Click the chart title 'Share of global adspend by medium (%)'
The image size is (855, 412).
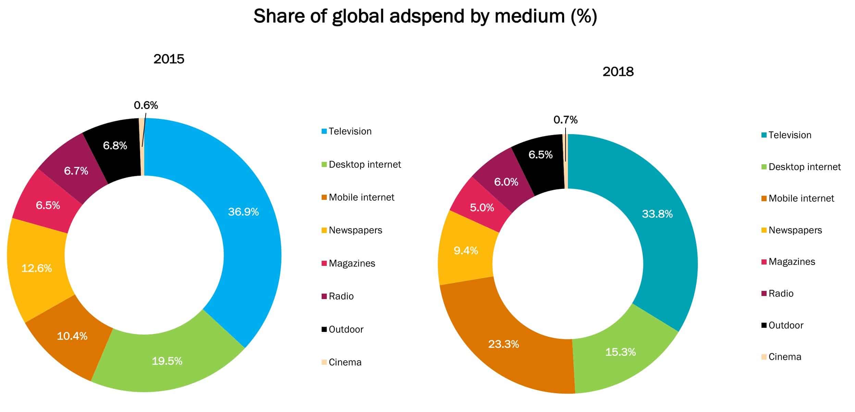[425, 16]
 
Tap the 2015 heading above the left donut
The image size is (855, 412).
[169, 59]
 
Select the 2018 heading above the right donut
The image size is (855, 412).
[618, 72]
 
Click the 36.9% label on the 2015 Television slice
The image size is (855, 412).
[243, 212]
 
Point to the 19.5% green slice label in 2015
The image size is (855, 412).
[167, 361]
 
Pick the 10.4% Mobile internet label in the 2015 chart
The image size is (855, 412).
[72, 336]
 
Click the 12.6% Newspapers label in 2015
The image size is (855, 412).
[37, 268]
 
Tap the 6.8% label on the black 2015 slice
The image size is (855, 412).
[115, 146]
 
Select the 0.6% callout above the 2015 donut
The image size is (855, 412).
[146, 105]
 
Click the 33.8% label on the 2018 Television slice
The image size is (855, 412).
[657, 214]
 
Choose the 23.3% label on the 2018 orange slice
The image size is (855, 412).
[503, 344]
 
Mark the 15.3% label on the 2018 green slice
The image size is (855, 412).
[620, 352]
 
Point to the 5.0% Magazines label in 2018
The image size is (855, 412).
[482, 207]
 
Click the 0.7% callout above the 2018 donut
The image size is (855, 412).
[566, 120]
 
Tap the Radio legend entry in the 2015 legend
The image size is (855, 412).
[341, 296]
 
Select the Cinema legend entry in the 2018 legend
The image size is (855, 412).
[784, 357]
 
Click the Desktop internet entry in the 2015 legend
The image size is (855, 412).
[364, 165]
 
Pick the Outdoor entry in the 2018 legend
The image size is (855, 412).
[785, 325]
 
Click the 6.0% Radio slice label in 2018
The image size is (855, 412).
[506, 182]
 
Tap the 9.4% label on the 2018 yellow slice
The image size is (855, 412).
[466, 251]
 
